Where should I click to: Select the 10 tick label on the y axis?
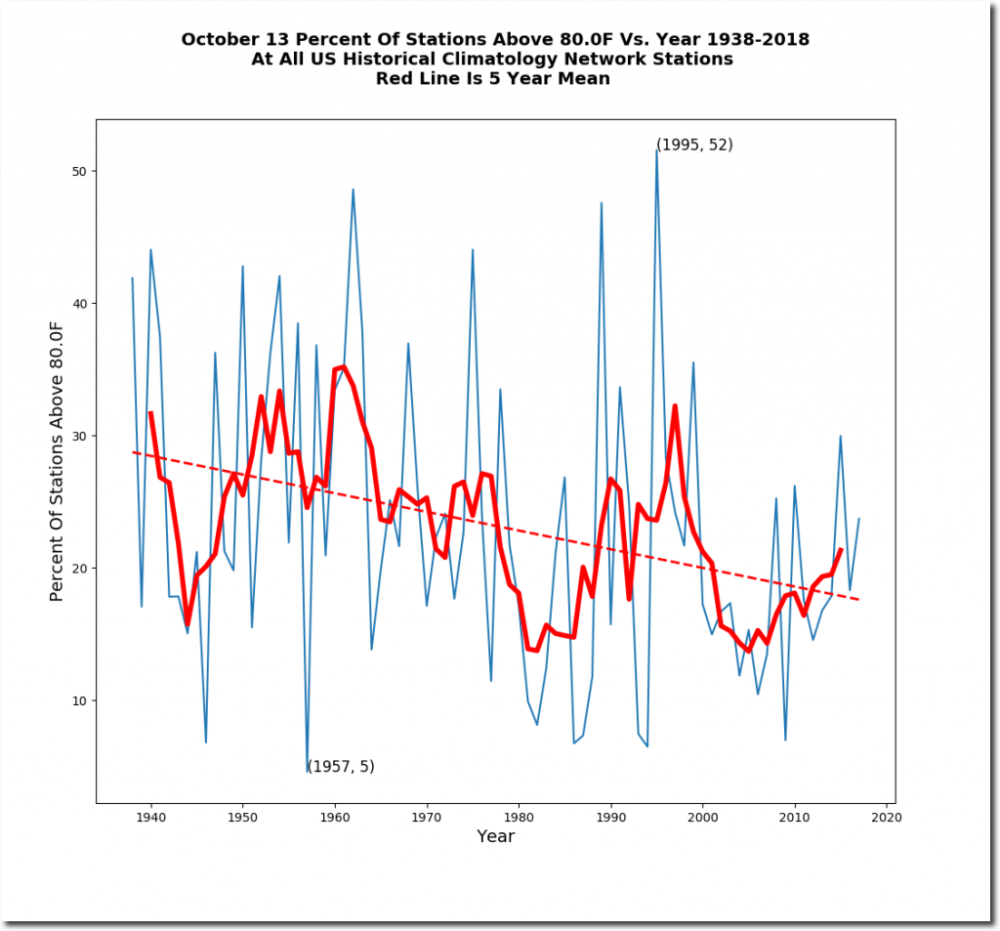click(78, 700)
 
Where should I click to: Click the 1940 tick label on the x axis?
click(150, 817)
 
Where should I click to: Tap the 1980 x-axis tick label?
click(519, 817)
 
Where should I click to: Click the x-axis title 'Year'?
click(495, 836)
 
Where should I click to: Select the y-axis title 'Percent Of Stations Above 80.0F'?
click(57, 461)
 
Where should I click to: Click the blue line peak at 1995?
click(657, 149)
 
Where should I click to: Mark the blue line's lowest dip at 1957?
click(308, 772)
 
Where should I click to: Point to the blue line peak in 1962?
click(353, 190)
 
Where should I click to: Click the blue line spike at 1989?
click(602, 202)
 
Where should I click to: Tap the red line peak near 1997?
click(675, 405)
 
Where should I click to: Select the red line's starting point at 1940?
click(150, 412)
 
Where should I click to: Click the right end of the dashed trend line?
click(859, 599)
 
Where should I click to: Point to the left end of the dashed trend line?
click(133, 451)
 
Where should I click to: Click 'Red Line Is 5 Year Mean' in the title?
click(493, 79)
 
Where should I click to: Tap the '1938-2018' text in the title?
click(748, 40)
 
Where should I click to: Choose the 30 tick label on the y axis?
click(78, 436)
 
